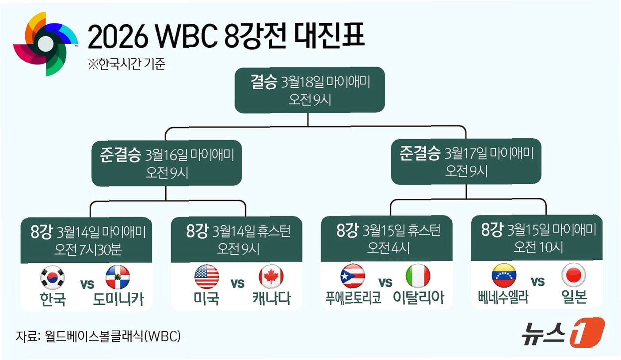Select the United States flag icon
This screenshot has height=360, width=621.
[x=206, y=277]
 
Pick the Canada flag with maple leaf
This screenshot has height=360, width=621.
[x=271, y=277]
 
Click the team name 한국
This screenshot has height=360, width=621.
[x=53, y=299]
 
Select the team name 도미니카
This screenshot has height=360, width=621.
[x=118, y=299]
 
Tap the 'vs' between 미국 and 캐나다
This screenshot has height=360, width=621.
[x=238, y=283]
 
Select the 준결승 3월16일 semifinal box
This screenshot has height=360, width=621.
[x=167, y=163]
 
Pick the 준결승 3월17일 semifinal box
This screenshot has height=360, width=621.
[x=466, y=162]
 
